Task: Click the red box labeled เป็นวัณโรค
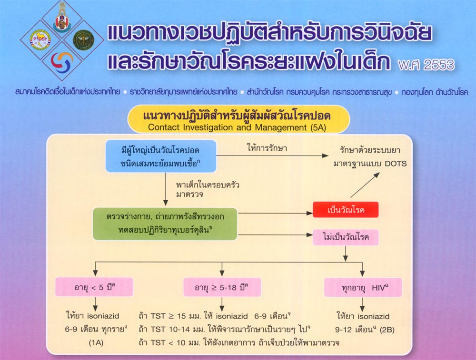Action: (x=346, y=210)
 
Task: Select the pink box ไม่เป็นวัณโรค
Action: (x=346, y=237)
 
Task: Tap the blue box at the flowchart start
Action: (x=161, y=156)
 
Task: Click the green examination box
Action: (x=165, y=224)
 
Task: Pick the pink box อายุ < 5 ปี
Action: (x=94, y=287)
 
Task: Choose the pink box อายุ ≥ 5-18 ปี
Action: (x=222, y=287)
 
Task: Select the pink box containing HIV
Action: (x=363, y=287)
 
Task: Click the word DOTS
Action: (x=396, y=164)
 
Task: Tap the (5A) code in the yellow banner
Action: (x=318, y=127)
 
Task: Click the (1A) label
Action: (x=96, y=343)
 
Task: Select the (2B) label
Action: (x=387, y=330)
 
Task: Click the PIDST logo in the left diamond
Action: (x=40, y=40)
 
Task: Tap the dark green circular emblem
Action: (x=83, y=40)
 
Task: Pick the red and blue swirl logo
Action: (x=62, y=61)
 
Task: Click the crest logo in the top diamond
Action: (x=62, y=18)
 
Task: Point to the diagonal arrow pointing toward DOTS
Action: (x=365, y=185)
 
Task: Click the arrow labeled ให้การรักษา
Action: (x=272, y=156)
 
